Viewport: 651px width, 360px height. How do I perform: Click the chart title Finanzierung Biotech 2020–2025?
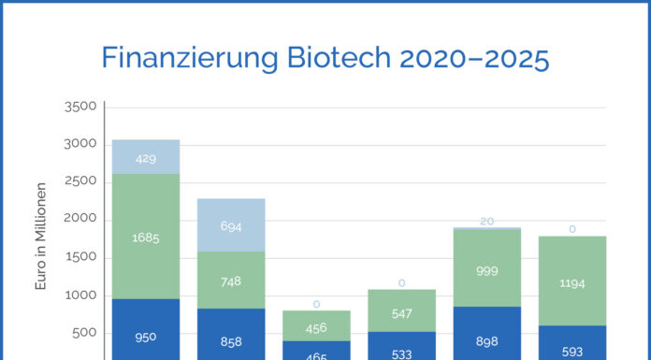tap(325, 58)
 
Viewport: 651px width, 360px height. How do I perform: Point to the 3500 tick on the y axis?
tap(80, 107)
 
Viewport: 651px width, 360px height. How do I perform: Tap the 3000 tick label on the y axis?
tap(80, 144)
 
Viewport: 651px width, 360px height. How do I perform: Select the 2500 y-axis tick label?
tap(80, 181)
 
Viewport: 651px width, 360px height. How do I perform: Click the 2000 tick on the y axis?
tap(80, 220)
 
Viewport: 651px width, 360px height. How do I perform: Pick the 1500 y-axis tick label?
tap(80, 257)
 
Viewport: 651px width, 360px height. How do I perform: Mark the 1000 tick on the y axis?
tap(80, 295)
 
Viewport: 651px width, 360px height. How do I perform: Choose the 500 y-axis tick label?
tap(84, 333)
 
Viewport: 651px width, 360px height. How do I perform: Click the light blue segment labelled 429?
tap(145, 157)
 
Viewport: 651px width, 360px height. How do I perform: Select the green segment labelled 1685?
tap(145, 237)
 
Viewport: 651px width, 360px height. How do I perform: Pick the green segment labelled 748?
tap(231, 280)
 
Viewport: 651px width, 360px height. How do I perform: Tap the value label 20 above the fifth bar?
tap(487, 221)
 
